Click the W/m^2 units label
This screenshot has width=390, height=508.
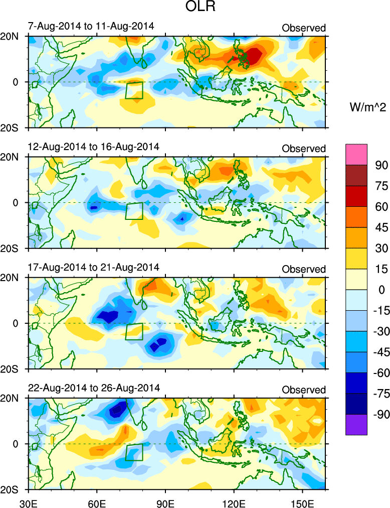pos(366,106)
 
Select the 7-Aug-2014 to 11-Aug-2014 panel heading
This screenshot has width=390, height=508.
pos(91,26)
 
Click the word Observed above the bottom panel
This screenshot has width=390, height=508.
pos(304,390)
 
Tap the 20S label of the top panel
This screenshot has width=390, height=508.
pos(13,128)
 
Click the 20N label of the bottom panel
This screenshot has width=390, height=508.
pos(13,399)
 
